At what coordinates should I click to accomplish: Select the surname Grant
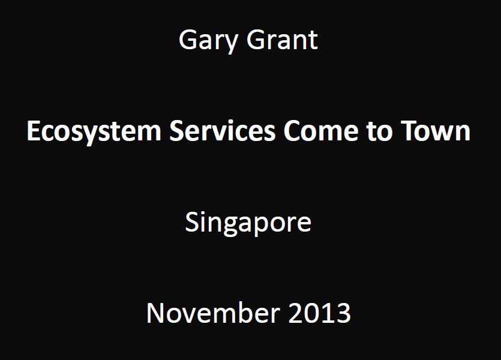pos(282,40)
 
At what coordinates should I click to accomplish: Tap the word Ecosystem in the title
pos(94,131)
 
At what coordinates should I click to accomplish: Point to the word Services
pos(222,130)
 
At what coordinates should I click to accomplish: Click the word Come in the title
pos(320,130)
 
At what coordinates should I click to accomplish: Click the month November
pos(213,313)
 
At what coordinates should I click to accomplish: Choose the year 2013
pos(320,313)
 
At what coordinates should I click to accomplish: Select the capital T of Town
pos(409,131)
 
